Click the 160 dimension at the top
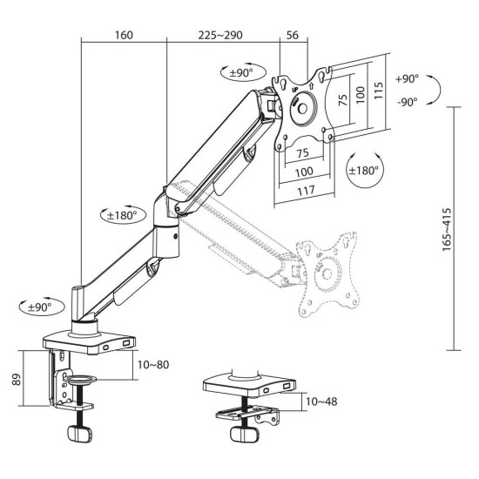[x=122, y=36]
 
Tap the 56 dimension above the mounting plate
[x=292, y=36]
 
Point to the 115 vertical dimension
[x=379, y=91]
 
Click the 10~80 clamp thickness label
[x=154, y=364]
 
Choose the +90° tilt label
[x=406, y=78]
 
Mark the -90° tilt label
[x=406, y=101]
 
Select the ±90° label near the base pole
[x=37, y=307]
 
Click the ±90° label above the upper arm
[x=237, y=73]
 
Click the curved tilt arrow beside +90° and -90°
[x=440, y=90]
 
